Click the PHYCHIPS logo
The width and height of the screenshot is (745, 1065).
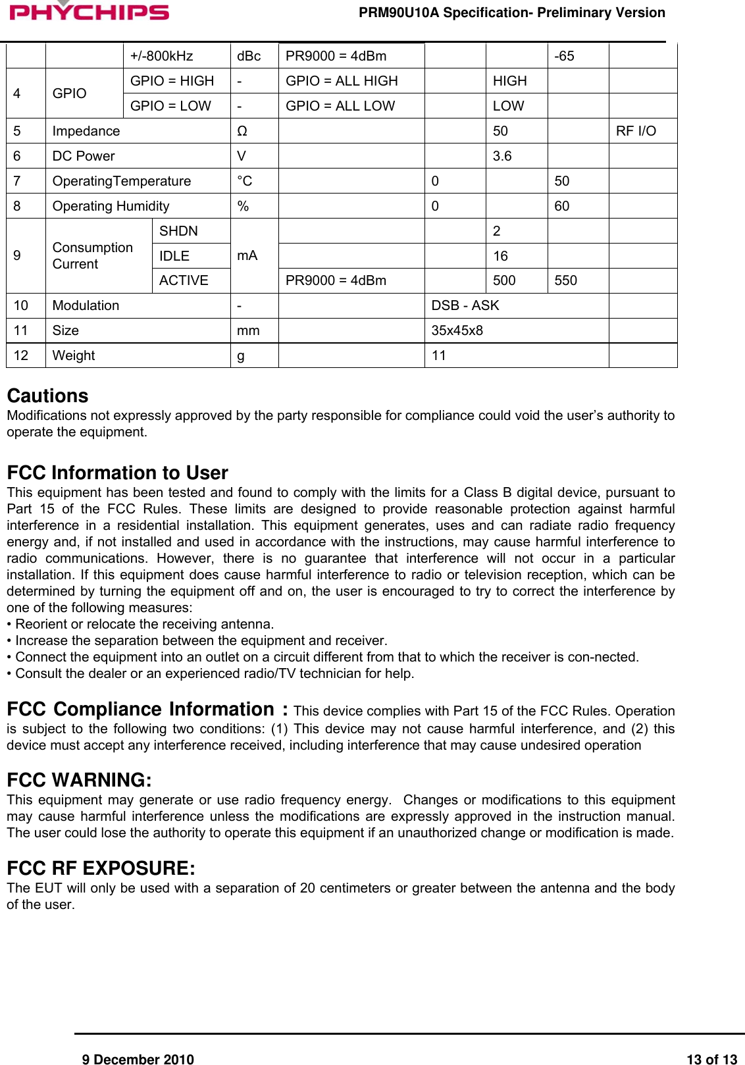pos(89,11)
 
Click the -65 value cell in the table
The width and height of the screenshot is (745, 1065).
pos(564,56)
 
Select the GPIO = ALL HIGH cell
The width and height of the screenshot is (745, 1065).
pos(342,81)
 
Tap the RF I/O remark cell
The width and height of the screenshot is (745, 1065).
pos(636,131)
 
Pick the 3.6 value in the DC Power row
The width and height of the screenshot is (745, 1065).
pos(502,156)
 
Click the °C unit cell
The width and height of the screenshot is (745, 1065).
pos(245,181)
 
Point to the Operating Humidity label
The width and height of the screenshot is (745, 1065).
pos(111,206)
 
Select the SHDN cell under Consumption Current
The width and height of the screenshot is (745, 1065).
pos(178,231)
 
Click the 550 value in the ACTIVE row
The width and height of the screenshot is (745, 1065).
pos(565,280)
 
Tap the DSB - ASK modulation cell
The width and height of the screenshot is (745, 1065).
pos(465,305)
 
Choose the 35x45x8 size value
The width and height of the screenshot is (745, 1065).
pos(457,330)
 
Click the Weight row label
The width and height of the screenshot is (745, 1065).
pos(74,355)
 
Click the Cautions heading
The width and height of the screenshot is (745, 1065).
pos(47,396)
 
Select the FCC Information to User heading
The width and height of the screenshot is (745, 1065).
pos(117,473)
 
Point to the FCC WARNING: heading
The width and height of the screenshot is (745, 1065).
pos(79,780)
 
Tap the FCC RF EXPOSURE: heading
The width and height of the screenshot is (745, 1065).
pos(101,868)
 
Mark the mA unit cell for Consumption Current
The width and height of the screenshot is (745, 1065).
pos(247,255)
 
